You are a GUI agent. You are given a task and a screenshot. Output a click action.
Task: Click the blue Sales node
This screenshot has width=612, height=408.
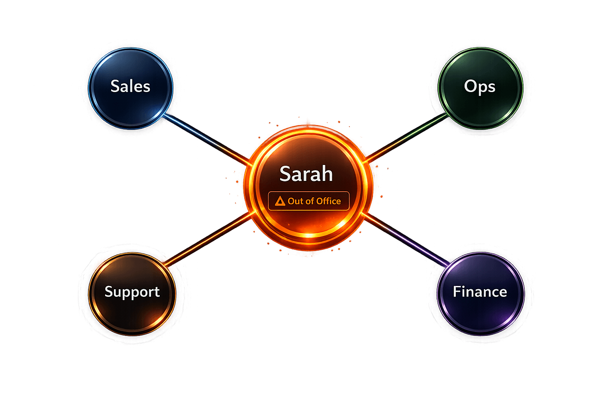131,88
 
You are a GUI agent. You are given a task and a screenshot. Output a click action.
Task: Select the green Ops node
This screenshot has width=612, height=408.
480,88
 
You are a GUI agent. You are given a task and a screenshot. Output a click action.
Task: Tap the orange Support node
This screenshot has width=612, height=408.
132,293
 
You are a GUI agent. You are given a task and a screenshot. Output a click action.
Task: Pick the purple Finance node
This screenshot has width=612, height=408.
481,293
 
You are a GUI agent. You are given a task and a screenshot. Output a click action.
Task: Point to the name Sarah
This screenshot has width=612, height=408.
306,174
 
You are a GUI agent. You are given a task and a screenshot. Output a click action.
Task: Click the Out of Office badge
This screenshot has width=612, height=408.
308,201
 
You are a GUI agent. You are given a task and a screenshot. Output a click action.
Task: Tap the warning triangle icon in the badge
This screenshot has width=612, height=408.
280,201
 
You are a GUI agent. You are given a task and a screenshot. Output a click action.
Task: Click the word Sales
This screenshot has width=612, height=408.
130,86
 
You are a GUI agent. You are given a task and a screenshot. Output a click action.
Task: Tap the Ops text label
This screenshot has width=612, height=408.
480,87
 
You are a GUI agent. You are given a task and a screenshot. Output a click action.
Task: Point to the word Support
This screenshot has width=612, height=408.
132,292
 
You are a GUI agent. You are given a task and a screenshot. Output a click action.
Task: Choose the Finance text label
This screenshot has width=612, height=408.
480,292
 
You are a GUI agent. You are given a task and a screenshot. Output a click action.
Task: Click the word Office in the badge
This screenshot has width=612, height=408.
329,201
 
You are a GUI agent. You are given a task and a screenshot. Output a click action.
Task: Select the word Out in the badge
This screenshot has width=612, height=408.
296,201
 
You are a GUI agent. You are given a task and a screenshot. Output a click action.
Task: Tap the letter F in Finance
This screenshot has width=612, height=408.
457,292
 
